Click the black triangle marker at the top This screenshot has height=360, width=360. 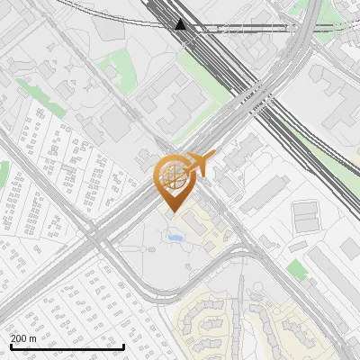[x=181, y=23]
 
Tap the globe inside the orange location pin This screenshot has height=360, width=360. [x=172, y=175]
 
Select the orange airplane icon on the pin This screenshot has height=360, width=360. [x=202, y=164]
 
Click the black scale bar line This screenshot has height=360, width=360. [x=67, y=346]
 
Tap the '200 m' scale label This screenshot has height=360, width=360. [x=23, y=337]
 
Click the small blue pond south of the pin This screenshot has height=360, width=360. [x=175, y=238]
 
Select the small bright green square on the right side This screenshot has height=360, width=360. [x=297, y=269]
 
